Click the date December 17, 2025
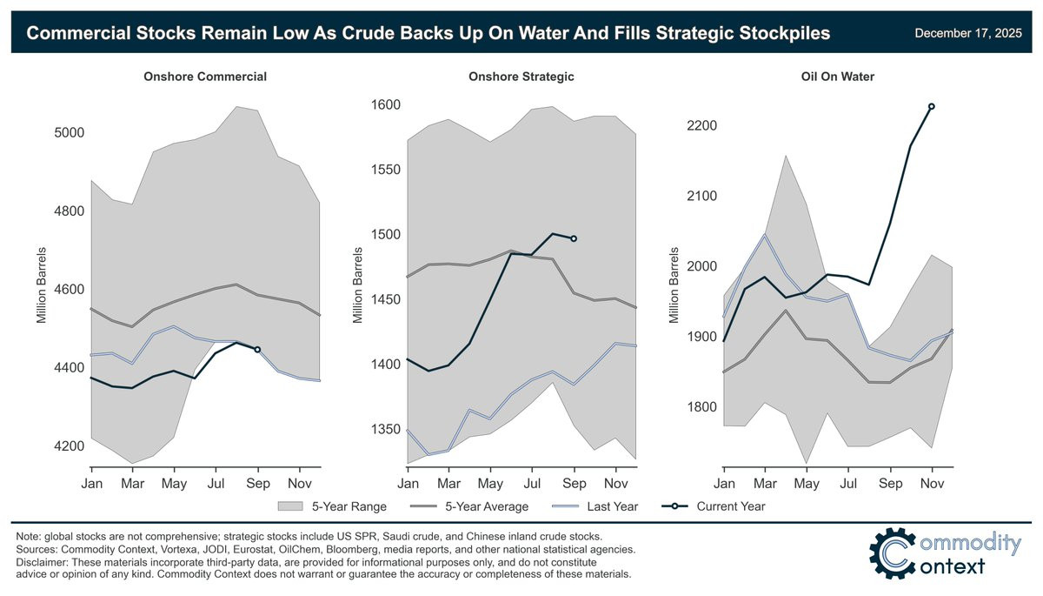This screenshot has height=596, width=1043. pos(968,33)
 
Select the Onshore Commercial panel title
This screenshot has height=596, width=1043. pos(205,77)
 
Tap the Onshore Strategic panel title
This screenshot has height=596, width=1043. pos(521,77)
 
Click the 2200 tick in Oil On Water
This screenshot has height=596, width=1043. pos(700,126)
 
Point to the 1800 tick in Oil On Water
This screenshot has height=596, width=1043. pos(700,407)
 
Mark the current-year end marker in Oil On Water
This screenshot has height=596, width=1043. pos(932,107)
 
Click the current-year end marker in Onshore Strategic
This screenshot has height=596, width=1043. pos(574,238)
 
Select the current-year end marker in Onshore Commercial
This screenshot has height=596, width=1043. pos(257,350)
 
